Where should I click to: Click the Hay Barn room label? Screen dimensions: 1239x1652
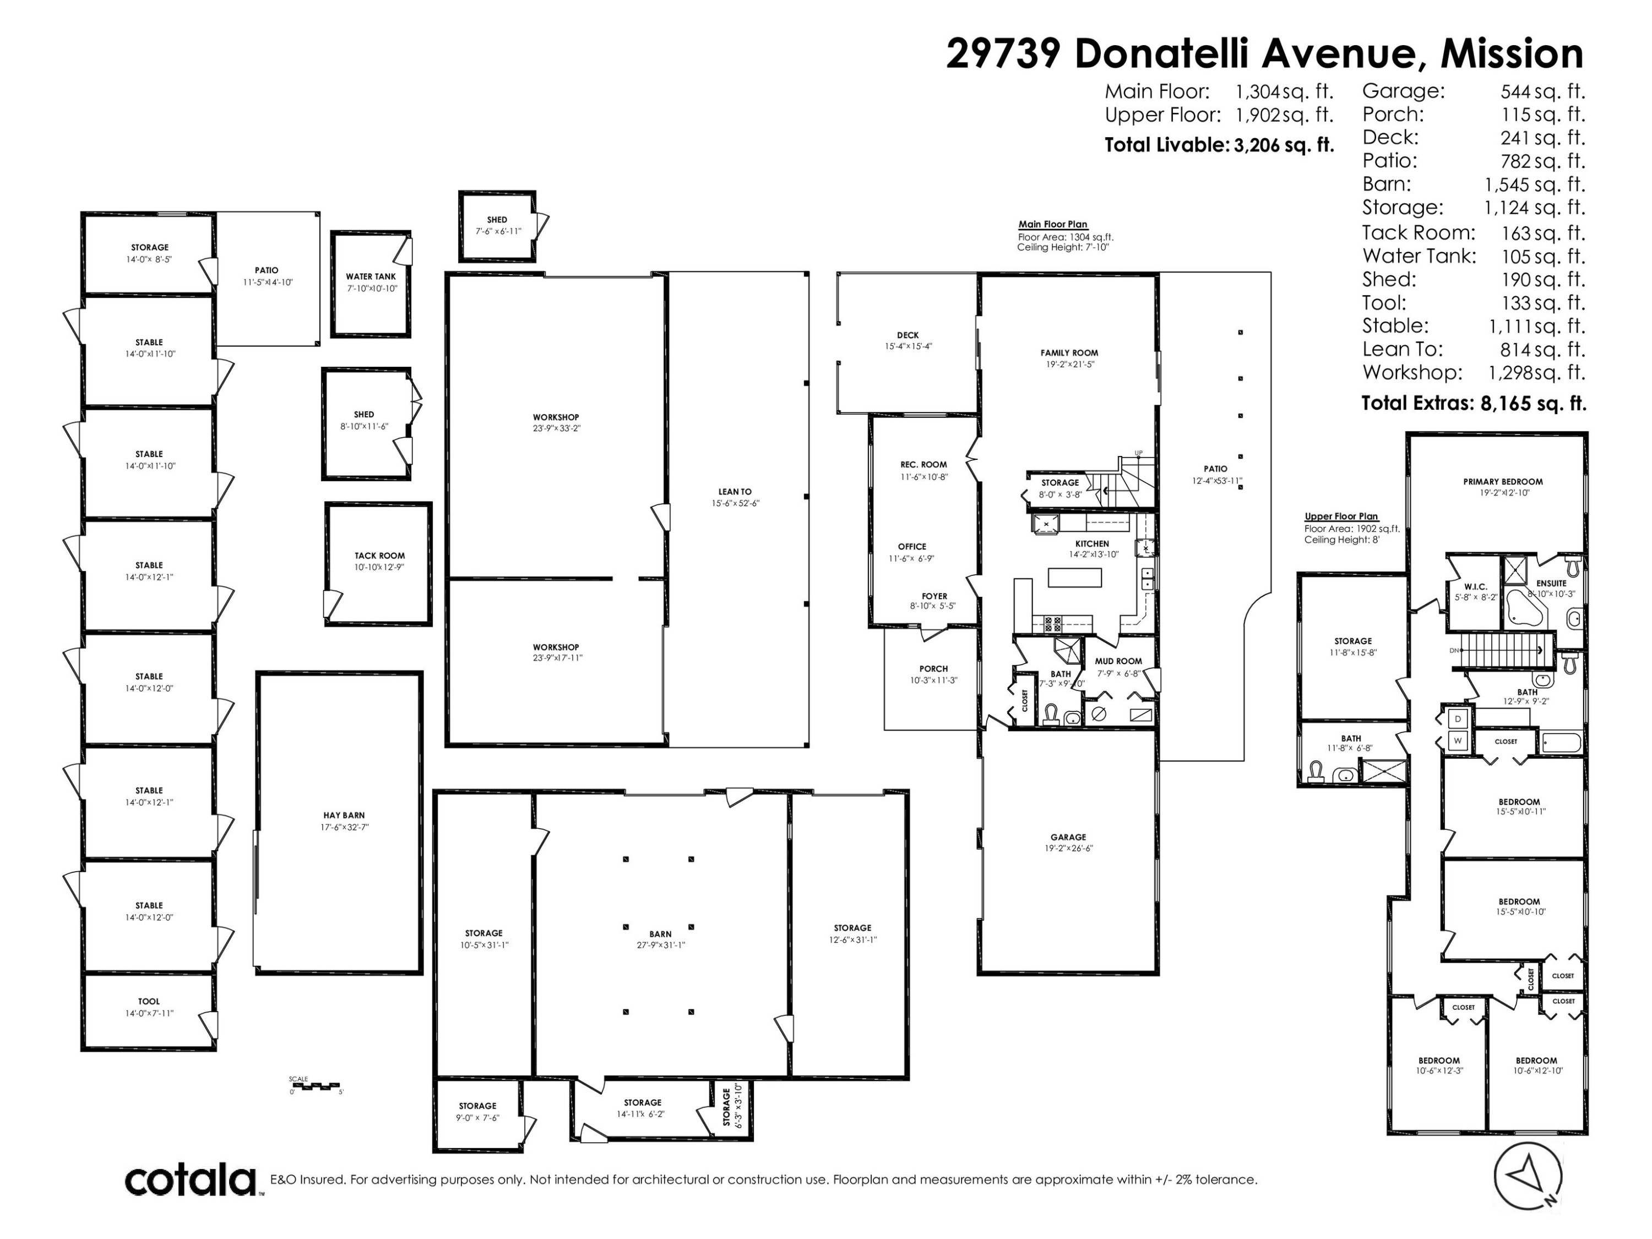[x=344, y=816]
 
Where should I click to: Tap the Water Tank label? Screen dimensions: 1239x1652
[x=371, y=276]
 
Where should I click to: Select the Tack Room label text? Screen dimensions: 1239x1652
[x=379, y=556]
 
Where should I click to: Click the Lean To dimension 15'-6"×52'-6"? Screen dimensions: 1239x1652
[x=735, y=503]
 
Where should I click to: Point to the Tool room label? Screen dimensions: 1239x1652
[x=149, y=1002]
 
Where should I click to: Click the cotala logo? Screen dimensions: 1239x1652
[x=191, y=1181]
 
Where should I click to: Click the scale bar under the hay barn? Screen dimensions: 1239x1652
[x=314, y=1085]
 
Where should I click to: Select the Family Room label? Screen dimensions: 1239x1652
[x=1069, y=354]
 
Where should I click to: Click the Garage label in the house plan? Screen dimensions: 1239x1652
[x=1068, y=837]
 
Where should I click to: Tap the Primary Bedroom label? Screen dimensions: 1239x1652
[x=1503, y=482]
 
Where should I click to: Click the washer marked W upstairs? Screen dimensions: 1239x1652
[x=1457, y=741]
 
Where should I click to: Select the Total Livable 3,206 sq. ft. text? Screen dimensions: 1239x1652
[x=1219, y=145]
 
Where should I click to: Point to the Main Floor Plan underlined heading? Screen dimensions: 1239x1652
[x=1052, y=224]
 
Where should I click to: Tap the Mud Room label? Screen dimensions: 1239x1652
[x=1118, y=661]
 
